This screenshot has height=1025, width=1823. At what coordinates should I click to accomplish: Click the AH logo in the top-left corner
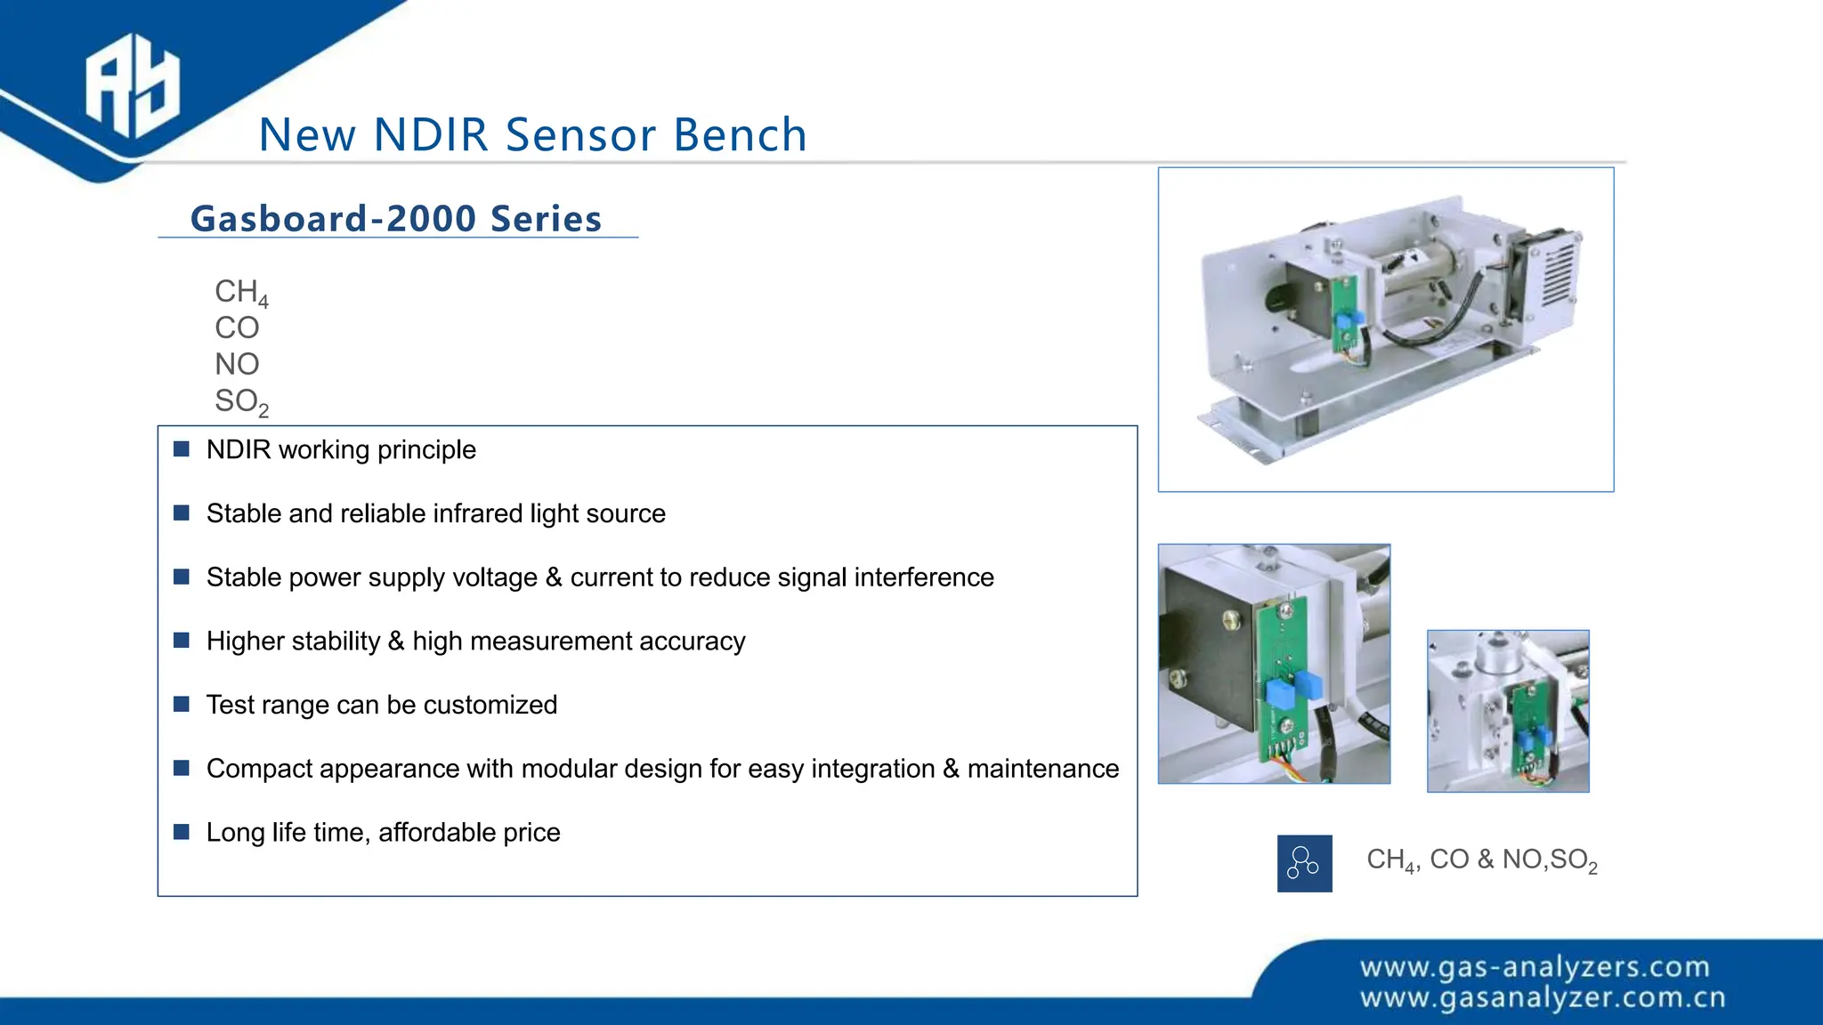tap(132, 86)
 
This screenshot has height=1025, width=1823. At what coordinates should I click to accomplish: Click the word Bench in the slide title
tap(740, 135)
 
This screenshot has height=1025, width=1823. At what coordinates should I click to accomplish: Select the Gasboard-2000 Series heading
tap(396, 219)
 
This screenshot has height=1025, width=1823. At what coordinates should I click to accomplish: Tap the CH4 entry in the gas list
tap(240, 292)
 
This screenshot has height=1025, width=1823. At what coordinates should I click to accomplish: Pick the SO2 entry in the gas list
tap(240, 401)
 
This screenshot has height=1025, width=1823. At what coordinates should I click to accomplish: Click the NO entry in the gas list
tap(237, 364)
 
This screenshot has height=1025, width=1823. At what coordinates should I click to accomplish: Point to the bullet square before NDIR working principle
tap(182, 449)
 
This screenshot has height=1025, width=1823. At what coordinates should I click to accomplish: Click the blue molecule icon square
tap(1304, 863)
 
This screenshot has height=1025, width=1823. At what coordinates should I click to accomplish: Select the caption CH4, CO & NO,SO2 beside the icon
tap(1481, 860)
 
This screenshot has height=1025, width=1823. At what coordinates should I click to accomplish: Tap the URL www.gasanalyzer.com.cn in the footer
tap(1542, 998)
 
